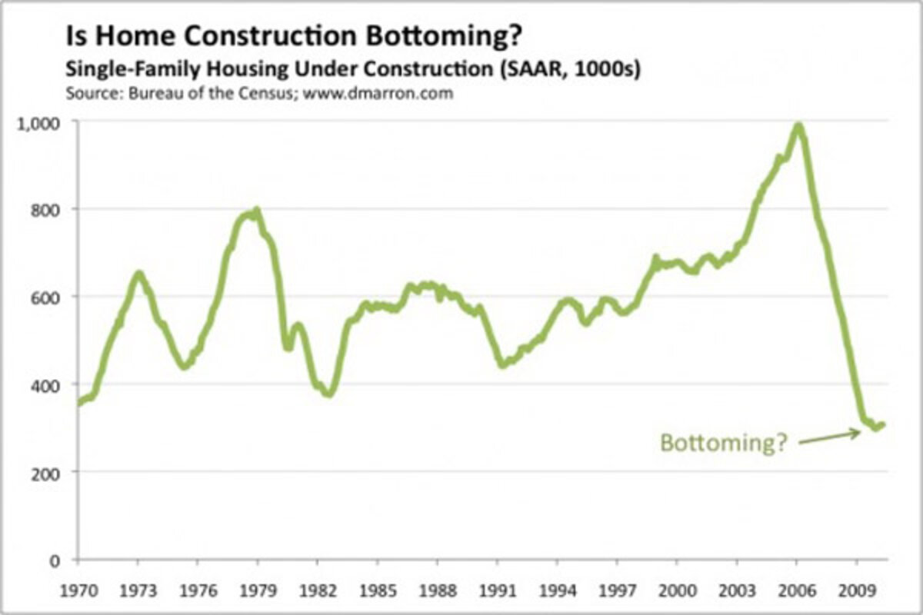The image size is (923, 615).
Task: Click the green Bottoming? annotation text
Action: pos(724,444)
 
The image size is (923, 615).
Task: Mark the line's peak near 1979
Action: pos(256,210)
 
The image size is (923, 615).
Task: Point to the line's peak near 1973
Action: pos(138,273)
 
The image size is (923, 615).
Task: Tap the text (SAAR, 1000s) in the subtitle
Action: pos(571,68)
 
